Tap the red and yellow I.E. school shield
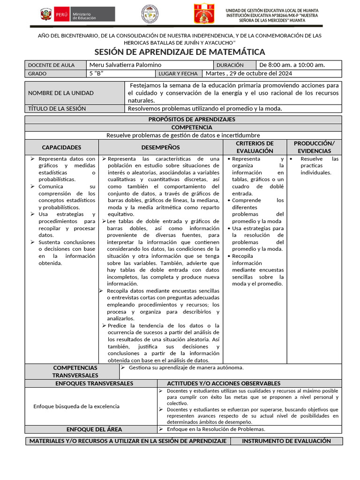[204, 14]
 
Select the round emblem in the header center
[150, 14]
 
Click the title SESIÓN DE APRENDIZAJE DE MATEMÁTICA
[180, 52]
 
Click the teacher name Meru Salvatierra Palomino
[125, 65]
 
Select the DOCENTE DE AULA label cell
[51, 65]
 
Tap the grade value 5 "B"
[96, 74]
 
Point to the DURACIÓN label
[230, 65]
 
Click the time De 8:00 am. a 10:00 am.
[292, 65]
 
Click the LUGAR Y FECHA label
[178, 74]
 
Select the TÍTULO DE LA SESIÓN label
[57, 108]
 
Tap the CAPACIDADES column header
[61, 147]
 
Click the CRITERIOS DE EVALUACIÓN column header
[255, 147]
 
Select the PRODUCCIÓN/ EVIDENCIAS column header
[314, 147]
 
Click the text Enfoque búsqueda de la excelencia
[76, 406]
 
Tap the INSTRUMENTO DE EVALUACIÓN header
[286, 441]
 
